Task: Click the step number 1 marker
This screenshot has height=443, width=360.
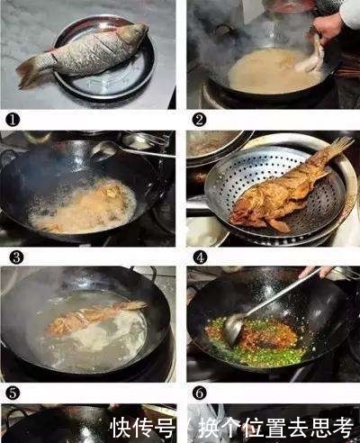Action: point(11,118)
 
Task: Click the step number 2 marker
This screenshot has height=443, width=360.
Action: point(200,118)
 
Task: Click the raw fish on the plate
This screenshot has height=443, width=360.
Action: point(85,52)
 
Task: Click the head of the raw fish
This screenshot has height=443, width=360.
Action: point(132,35)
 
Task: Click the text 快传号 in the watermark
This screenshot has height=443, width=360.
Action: point(143,425)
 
